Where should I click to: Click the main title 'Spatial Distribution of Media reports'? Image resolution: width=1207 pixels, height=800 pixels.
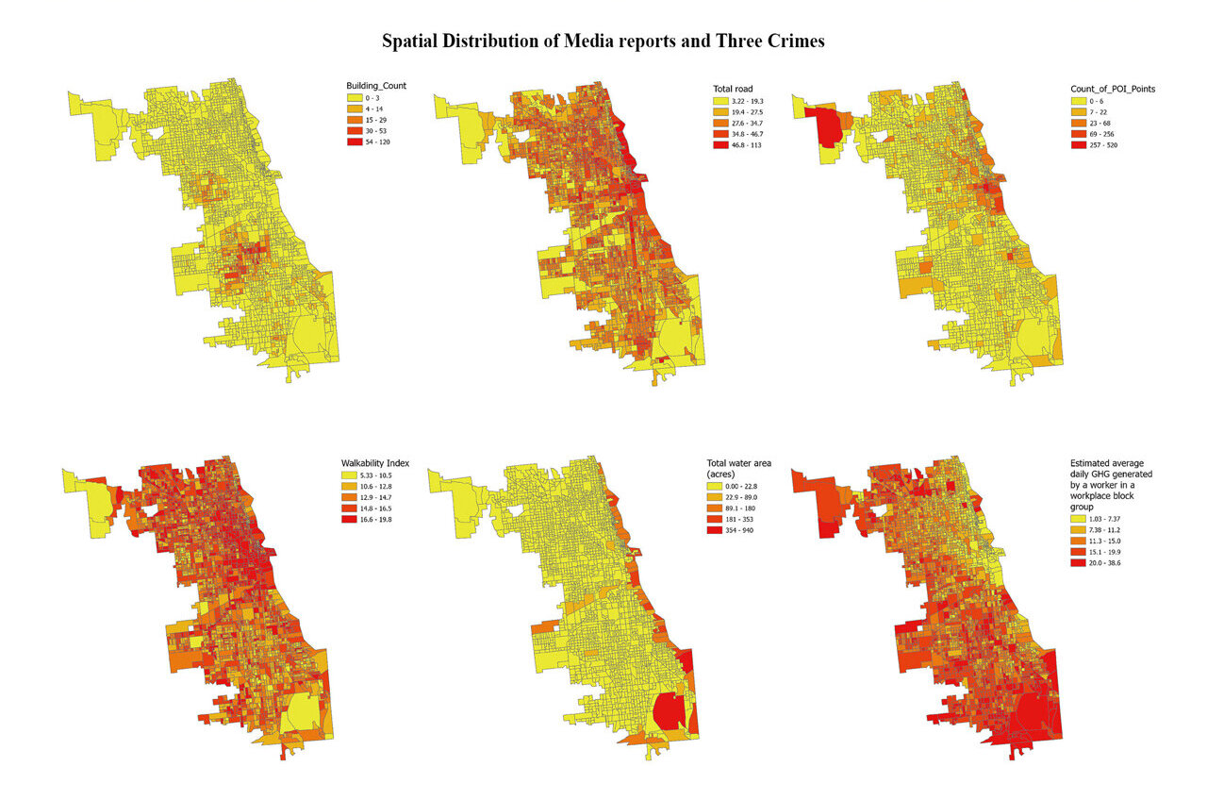[603, 42]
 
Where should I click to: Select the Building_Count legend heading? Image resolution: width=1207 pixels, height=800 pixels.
[376, 86]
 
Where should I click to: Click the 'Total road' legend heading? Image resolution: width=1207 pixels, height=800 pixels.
[733, 89]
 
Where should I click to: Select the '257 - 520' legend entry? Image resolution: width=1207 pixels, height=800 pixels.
[1104, 145]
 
